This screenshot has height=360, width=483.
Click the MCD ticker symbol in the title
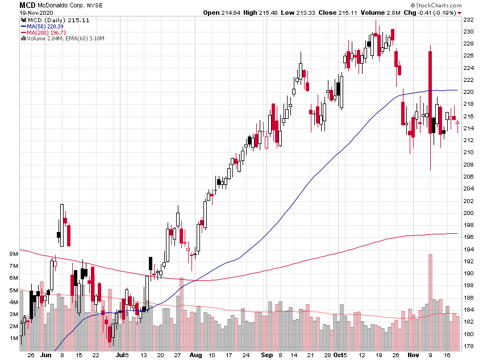tap(11, 5)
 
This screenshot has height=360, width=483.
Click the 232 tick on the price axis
tap(469, 19)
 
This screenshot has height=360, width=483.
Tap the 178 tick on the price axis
tap(469, 346)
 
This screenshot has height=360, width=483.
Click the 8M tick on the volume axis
tap(14, 254)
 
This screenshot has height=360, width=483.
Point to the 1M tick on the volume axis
tap(14, 338)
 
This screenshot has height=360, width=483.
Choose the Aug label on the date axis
tap(195, 355)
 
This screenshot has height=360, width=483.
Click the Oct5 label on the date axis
tap(340, 355)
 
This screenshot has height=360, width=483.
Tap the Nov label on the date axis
tap(413, 355)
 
